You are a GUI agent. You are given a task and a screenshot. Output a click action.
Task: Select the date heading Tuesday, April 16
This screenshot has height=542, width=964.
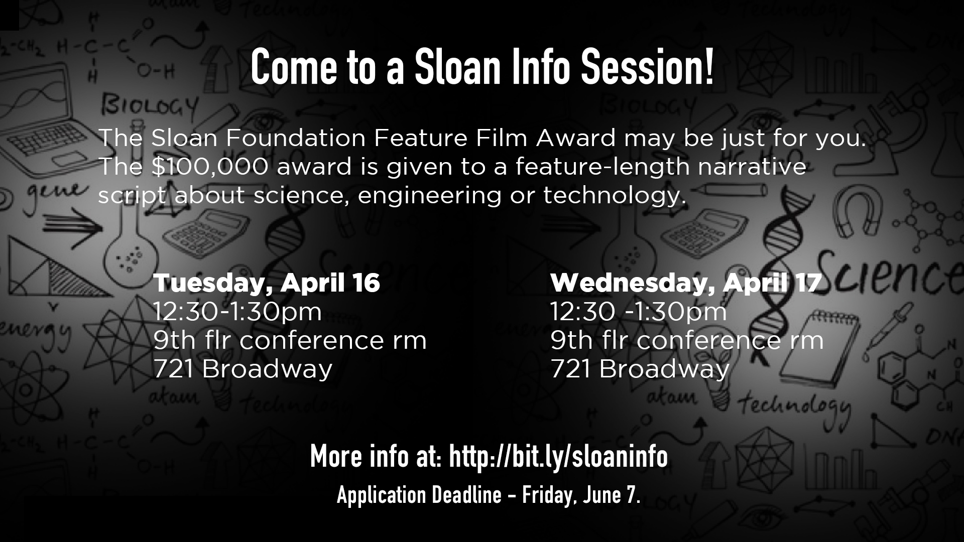pyautogui.click(x=267, y=283)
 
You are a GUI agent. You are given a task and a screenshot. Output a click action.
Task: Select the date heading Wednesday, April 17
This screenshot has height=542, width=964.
pyautogui.click(x=686, y=283)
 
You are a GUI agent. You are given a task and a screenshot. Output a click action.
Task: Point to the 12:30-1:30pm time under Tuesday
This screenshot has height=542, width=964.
pyautogui.click(x=237, y=312)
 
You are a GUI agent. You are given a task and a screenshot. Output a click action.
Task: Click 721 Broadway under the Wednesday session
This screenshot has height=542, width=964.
pyautogui.click(x=640, y=369)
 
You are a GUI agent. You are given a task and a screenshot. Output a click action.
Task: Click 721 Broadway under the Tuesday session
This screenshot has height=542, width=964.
pyautogui.click(x=243, y=369)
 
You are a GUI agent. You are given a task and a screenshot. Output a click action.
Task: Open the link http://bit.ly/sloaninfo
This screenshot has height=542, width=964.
pyautogui.click(x=558, y=456)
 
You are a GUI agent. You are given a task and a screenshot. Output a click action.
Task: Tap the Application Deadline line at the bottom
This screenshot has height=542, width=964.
pyautogui.click(x=489, y=496)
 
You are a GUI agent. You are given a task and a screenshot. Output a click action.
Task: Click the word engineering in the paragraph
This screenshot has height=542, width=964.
pyautogui.click(x=430, y=196)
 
